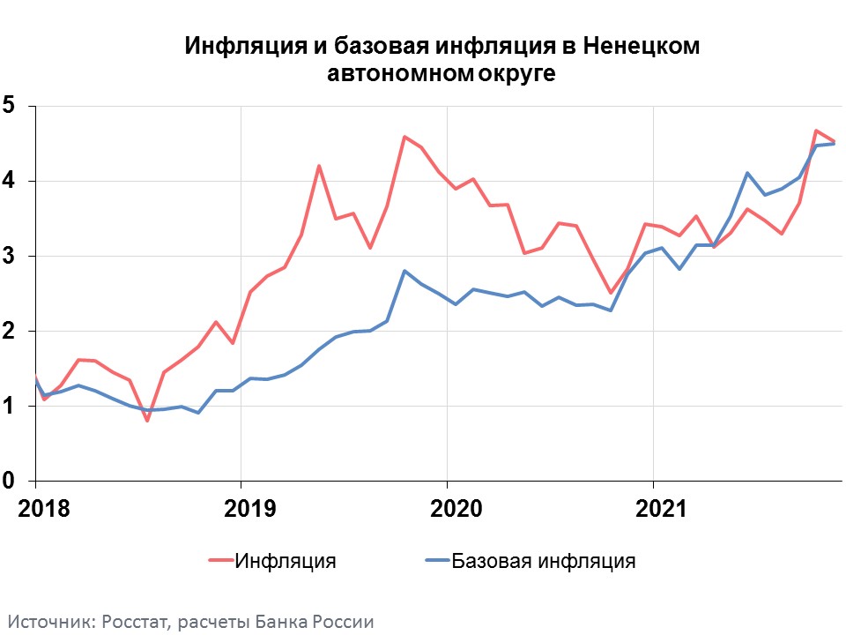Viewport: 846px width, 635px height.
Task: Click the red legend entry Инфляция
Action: [x=285, y=561]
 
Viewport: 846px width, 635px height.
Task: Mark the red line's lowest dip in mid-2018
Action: [x=147, y=420]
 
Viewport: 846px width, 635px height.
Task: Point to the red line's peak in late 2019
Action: [x=404, y=137]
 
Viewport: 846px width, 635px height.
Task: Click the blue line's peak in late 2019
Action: [x=404, y=271]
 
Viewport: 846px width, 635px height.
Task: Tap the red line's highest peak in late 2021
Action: [x=816, y=131]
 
